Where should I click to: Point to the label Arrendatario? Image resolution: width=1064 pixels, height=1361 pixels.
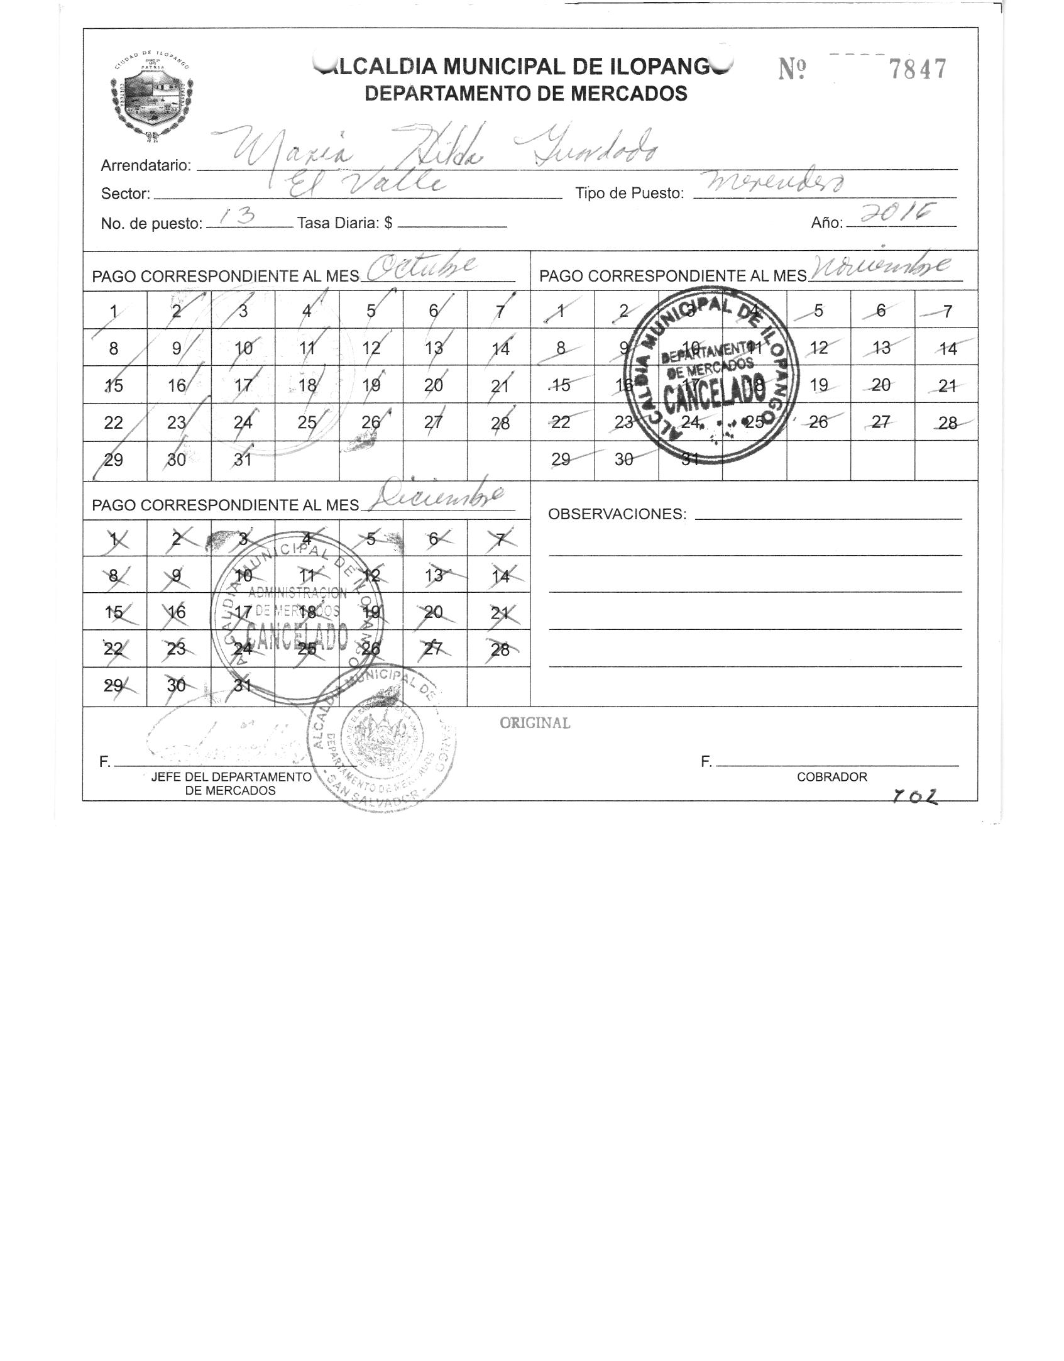click(146, 165)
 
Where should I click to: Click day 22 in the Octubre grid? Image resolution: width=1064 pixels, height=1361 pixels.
click(114, 422)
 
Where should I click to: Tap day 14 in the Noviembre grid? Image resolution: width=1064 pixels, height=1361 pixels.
click(947, 348)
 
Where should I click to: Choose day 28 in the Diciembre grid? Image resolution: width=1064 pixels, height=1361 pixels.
click(500, 649)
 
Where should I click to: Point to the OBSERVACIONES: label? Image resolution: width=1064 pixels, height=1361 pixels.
click(617, 514)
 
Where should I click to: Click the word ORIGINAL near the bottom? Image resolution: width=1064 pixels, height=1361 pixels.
click(535, 724)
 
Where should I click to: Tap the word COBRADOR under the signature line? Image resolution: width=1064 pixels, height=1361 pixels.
click(831, 777)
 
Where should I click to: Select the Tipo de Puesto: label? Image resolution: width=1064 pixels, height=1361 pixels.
click(629, 194)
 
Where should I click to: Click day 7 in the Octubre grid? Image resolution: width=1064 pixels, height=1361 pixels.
click(500, 311)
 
